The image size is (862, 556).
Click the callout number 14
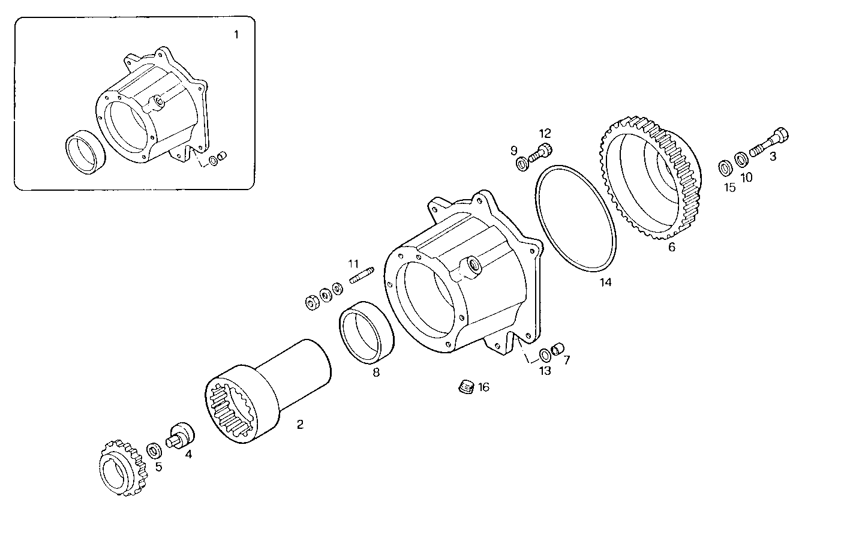pos(606,282)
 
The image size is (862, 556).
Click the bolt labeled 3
pos(771,143)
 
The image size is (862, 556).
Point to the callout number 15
pos(729,187)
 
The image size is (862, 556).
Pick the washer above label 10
pos(742,159)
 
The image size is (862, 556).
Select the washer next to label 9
pos(521,162)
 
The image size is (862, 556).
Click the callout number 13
pos(544,371)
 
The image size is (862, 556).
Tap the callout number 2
pos(300,425)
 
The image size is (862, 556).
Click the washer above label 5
pos(154,450)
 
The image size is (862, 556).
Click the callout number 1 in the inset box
pos(236,35)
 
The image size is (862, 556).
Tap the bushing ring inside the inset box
pos(85,152)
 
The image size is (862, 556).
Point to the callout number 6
pos(671,247)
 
